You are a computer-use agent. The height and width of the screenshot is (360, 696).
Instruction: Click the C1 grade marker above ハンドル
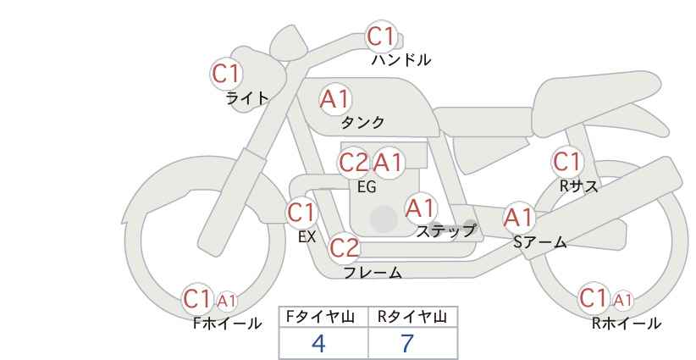point(381,36)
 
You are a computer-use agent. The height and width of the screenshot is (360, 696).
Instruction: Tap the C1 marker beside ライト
point(226,73)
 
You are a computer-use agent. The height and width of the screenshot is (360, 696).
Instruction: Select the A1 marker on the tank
point(335,99)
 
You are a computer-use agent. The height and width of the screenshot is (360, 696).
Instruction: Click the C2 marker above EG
point(354,163)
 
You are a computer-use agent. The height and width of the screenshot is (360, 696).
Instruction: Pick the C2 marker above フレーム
point(345,247)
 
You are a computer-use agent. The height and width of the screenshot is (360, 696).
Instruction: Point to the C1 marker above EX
point(301,213)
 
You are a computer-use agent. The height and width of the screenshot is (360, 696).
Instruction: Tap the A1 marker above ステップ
point(421,208)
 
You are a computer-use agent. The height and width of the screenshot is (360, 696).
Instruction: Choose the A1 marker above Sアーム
point(518,218)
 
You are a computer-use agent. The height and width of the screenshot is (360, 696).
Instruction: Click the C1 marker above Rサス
point(567,162)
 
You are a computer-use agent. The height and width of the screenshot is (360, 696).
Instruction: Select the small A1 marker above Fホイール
point(226,301)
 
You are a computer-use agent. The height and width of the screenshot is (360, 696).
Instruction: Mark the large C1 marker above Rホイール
point(593,298)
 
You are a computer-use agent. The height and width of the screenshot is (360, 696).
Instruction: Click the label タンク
point(362,122)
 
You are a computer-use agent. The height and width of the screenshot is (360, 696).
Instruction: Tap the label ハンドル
point(400,59)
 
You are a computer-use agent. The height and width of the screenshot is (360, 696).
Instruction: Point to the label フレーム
point(373,272)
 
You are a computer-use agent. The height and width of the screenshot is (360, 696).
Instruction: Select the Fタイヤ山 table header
point(320,317)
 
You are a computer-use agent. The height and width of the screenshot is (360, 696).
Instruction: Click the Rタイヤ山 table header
point(412,317)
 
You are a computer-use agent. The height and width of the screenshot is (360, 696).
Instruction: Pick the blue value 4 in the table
point(318,343)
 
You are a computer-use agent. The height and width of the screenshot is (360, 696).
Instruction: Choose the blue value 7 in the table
point(407,343)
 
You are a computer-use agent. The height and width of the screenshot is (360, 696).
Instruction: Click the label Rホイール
point(627,324)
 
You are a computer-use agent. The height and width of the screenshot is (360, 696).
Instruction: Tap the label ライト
point(247,98)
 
